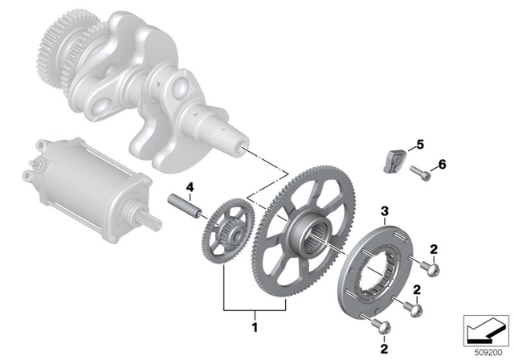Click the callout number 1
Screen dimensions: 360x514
tap(255, 329)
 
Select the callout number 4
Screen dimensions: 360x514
tap(190, 190)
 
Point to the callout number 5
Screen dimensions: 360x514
tap(418, 146)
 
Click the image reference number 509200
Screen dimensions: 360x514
tap(485, 350)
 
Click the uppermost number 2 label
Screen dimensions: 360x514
tap(434, 251)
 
